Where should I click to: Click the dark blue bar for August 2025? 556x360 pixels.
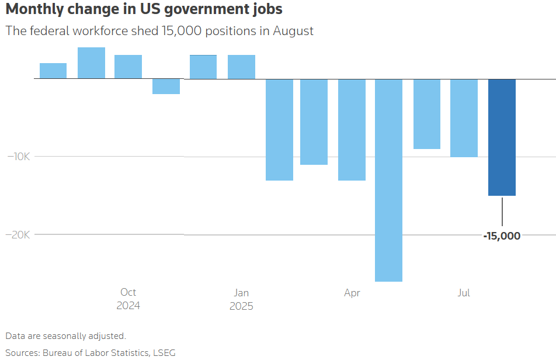(x=502, y=137)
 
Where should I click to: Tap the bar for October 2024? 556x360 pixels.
(x=128, y=67)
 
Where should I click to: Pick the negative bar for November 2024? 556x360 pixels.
(x=166, y=86)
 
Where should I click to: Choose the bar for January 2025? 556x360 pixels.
(x=241, y=67)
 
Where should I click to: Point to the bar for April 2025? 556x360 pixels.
(x=352, y=129)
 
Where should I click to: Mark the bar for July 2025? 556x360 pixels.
(x=464, y=117)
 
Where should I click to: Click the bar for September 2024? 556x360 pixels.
(x=91, y=63)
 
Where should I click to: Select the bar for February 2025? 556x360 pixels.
(x=279, y=129)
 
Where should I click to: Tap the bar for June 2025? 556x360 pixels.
(x=427, y=114)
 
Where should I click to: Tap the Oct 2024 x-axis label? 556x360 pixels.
(x=128, y=299)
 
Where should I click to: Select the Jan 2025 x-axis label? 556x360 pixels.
(x=241, y=299)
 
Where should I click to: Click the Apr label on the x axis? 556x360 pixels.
(x=352, y=293)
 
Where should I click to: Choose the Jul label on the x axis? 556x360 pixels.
(x=464, y=293)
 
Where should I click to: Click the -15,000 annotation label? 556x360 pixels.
(x=501, y=236)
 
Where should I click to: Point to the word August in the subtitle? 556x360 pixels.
(x=293, y=31)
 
